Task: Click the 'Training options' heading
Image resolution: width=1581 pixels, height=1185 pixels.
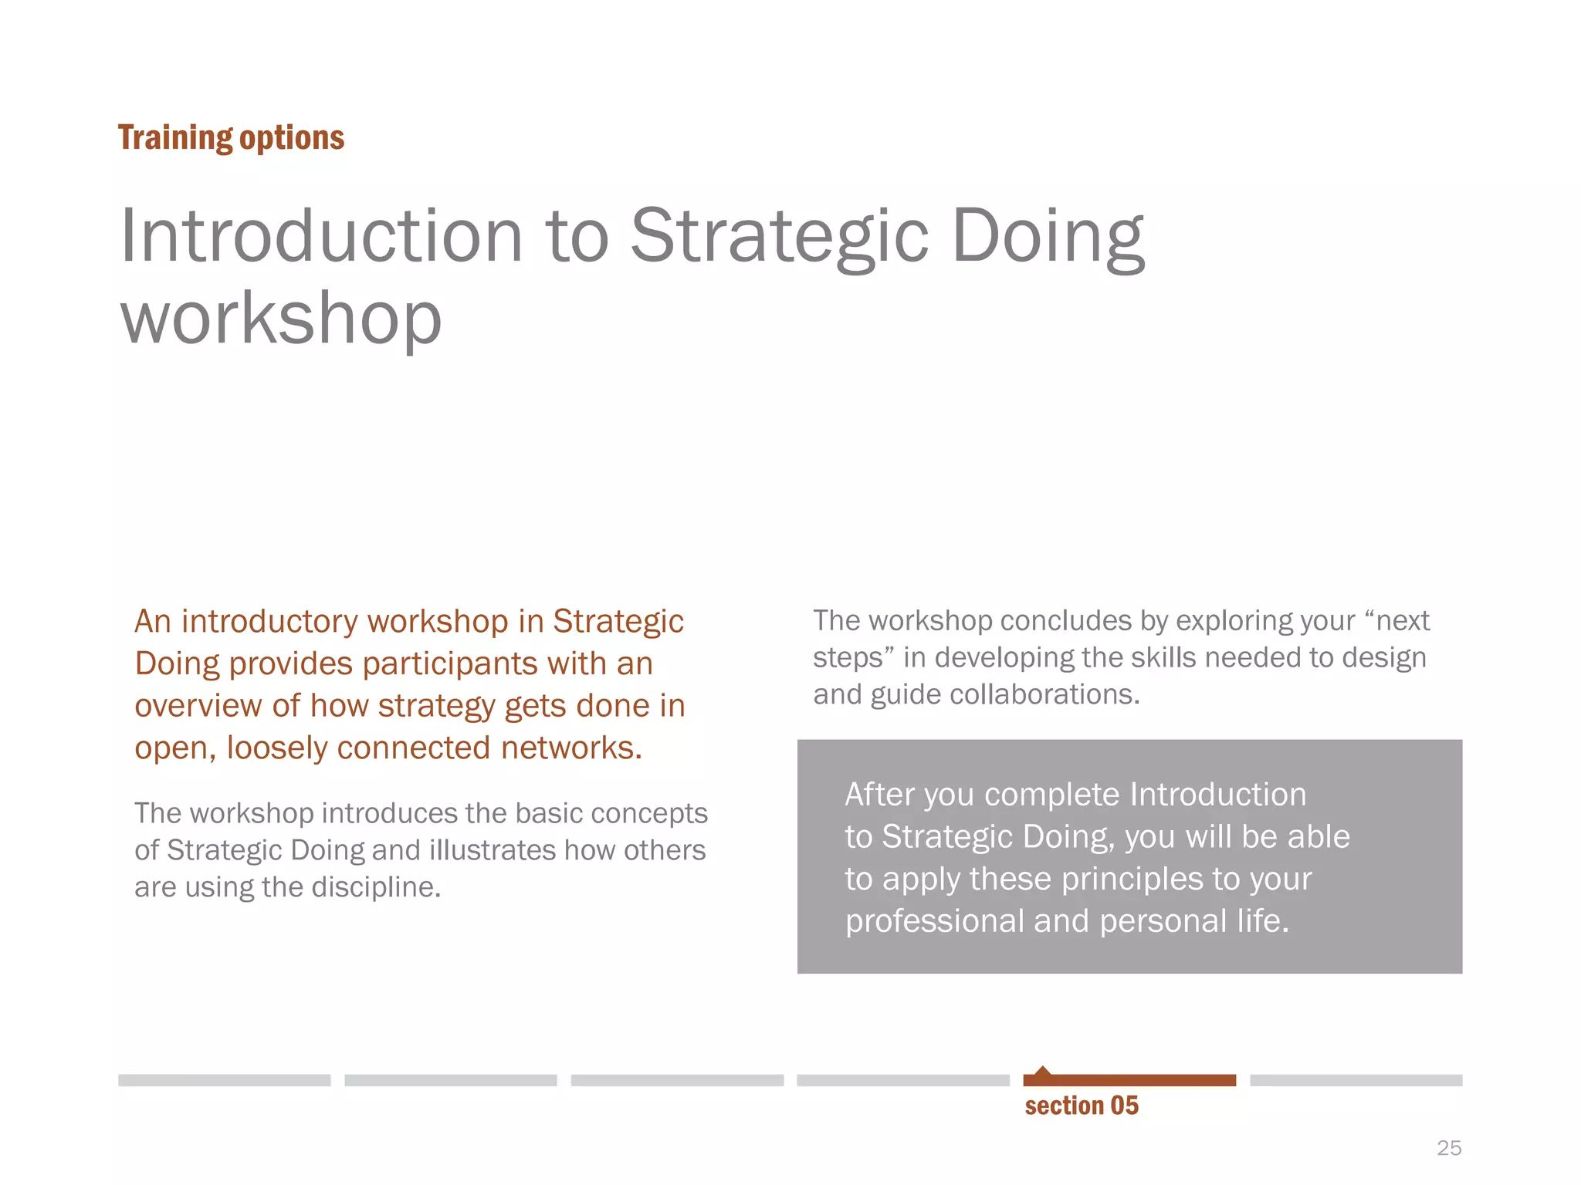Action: coord(231,138)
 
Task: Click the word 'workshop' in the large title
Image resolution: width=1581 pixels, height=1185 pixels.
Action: coord(281,317)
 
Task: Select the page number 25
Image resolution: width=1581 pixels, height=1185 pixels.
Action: coord(1449,1148)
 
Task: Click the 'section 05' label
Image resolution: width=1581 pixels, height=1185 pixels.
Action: coord(1082,1106)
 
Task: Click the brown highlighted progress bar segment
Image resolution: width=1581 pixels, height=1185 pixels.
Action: coord(1129,1080)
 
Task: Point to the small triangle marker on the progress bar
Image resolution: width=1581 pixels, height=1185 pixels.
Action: coord(1043,1071)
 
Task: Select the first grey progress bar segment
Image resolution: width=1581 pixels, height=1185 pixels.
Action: coord(224,1080)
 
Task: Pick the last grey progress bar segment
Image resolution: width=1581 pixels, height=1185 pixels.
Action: coord(1356,1080)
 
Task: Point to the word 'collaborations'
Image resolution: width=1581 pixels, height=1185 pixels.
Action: coord(1044,694)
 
